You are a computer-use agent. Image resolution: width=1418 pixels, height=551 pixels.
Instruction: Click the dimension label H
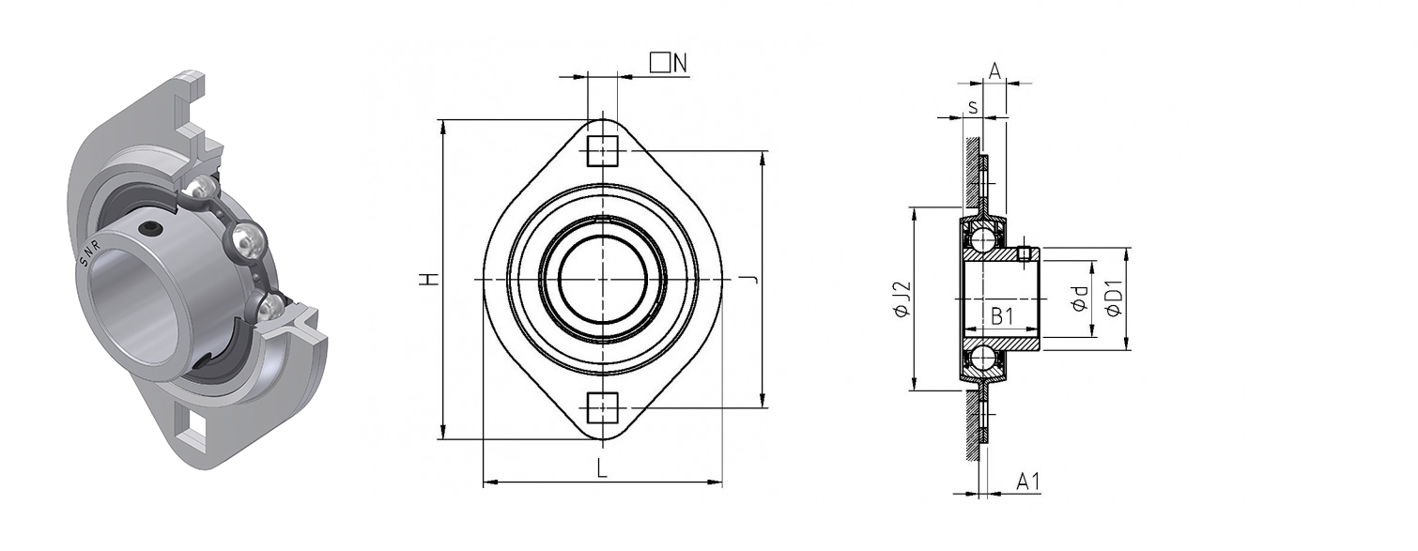[430, 279]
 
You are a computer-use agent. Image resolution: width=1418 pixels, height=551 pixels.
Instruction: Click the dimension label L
[603, 468]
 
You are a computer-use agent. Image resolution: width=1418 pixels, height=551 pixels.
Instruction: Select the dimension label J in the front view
[751, 279]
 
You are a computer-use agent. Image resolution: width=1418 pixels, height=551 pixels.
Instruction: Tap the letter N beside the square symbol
[680, 63]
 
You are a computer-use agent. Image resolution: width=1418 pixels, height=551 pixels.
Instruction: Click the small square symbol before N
[660, 63]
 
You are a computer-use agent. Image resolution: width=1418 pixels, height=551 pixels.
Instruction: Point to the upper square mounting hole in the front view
[602, 150]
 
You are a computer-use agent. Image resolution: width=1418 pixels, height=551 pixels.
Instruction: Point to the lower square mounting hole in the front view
[602, 407]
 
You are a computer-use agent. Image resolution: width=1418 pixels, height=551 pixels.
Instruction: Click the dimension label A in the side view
[994, 70]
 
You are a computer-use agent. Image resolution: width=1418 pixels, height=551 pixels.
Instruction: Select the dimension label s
[973, 108]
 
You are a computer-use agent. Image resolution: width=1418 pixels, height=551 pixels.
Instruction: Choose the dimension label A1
[1028, 482]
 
